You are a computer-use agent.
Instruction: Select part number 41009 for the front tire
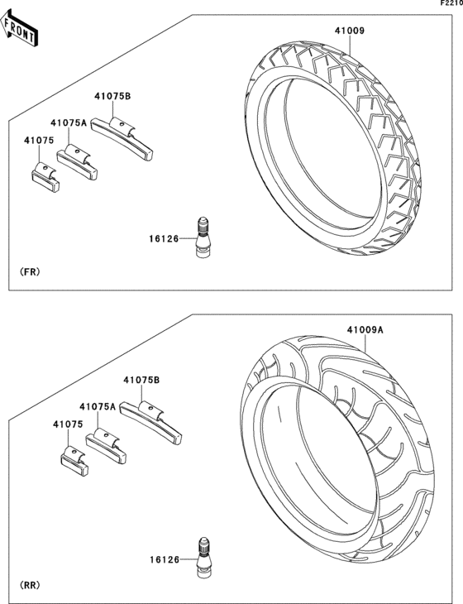[348, 31]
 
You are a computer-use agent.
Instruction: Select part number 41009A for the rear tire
[365, 329]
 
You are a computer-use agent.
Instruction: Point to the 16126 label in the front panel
[165, 239]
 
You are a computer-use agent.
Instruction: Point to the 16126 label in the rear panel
[165, 560]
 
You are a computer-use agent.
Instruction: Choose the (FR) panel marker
[29, 271]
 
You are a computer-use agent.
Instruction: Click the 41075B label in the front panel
[112, 97]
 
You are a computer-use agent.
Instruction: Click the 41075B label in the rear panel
[141, 380]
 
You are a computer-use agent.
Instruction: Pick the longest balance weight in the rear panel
[151, 419]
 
